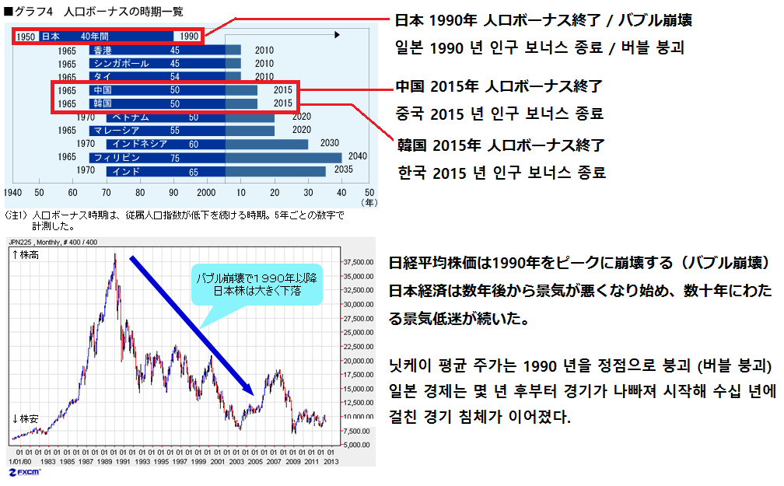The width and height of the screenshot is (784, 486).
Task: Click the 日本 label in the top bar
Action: tap(51, 37)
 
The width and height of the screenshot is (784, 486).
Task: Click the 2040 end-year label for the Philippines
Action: tap(358, 157)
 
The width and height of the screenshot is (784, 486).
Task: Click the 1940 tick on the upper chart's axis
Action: tap(12, 192)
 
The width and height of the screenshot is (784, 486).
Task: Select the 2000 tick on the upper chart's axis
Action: tap(205, 192)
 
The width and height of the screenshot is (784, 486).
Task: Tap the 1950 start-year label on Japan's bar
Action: tap(25, 37)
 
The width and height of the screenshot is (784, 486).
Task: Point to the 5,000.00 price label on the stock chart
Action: tap(357, 445)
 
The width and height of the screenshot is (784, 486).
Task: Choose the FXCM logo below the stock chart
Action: tap(26, 472)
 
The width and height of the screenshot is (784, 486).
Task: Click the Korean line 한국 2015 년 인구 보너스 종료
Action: tap(502, 172)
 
